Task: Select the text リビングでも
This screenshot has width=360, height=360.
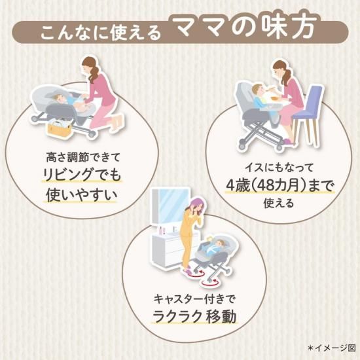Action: pyautogui.click(x=82, y=175)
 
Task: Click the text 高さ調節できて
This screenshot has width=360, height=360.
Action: pyautogui.click(x=83, y=158)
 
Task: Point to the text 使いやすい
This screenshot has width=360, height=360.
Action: pyautogui.click(x=82, y=195)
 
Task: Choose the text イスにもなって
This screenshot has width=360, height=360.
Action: pyautogui.click(x=279, y=168)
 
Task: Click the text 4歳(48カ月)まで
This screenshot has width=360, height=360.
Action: pyautogui.click(x=279, y=185)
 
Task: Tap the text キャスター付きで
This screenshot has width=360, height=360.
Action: pyautogui.click(x=194, y=299)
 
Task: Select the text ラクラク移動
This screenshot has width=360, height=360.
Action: pyautogui.click(x=194, y=317)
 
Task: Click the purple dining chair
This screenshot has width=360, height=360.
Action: pyautogui.click(x=307, y=115)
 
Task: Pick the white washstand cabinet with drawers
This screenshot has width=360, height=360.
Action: pyautogui.click(x=170, y=249)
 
